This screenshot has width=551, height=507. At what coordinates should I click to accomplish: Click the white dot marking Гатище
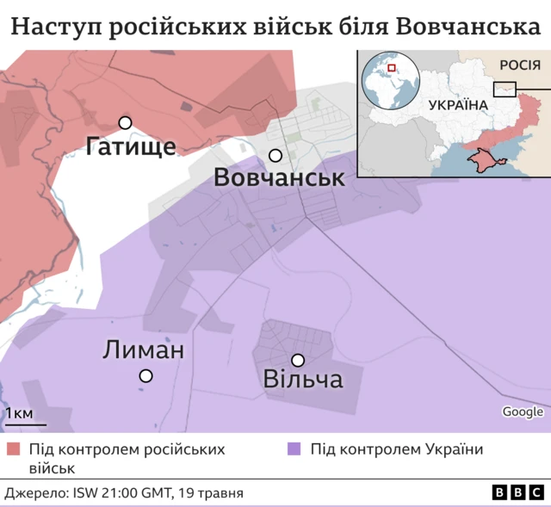tap(125, 123)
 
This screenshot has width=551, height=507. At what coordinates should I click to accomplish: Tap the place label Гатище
tap(131, 147)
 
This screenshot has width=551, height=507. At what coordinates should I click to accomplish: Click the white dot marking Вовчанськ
tap(275, 156)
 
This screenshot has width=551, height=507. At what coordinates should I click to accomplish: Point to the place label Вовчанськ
tap(279, 179)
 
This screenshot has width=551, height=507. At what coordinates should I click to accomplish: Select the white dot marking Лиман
tap(146, 375)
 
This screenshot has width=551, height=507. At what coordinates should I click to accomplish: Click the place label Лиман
tap(143, 350)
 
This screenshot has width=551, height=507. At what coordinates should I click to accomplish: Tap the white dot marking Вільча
tap(298, 360)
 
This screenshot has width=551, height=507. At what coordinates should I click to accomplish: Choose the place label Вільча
tap(303, 380)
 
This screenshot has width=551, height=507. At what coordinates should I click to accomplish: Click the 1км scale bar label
tap(19, 414)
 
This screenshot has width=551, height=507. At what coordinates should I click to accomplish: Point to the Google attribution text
tap(523, 411)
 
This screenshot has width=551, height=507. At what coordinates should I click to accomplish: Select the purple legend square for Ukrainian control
tap(294, 449)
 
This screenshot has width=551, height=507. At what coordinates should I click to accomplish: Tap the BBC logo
tap(518, 492)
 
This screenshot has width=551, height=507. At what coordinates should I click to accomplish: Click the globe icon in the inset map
tap(389, 77)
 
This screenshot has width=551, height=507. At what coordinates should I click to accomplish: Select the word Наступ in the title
tap(53, 28)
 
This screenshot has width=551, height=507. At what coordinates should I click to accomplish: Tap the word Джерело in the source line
tap(35, 493)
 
